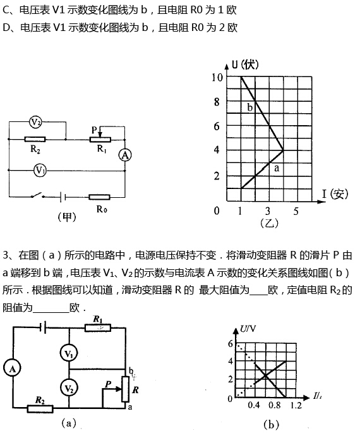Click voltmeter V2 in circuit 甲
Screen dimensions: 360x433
35,122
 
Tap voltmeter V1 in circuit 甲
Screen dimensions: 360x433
40,171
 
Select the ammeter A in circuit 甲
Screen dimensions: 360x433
125,156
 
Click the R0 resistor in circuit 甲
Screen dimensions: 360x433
99,197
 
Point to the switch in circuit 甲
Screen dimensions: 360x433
38,195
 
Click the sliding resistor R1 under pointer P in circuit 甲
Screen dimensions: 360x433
100,140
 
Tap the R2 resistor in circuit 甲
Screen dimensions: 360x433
35,140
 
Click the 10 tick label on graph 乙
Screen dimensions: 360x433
217,78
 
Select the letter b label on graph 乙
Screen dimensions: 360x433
249,107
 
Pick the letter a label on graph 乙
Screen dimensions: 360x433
277,168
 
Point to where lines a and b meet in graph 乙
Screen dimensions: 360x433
284,150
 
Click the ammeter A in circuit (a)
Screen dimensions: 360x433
12,369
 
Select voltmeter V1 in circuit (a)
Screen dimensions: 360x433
69,353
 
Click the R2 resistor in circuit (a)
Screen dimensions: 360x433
40,409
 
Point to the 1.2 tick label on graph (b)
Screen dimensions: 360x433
296,405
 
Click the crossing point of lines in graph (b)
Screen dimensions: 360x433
265,375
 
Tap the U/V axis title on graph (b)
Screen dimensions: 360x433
248,329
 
